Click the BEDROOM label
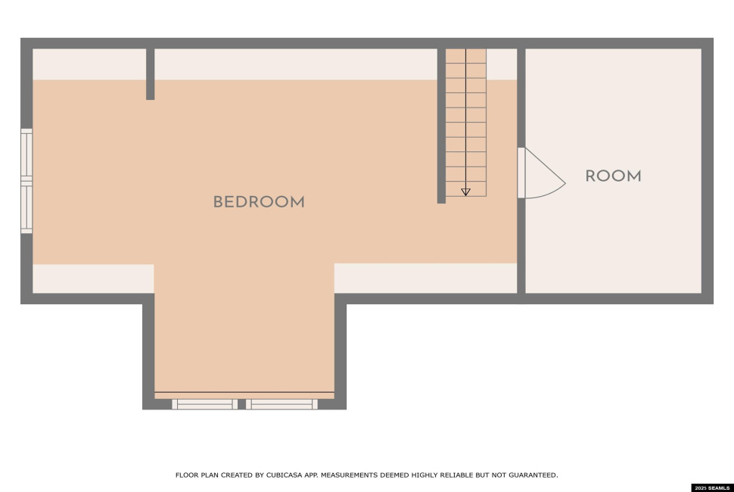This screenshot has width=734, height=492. tap(259, 202)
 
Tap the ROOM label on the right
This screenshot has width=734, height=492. tap(613, 176)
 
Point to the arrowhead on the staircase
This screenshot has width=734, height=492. tap(465, 192)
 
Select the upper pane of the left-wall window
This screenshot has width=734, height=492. tap(27, 154)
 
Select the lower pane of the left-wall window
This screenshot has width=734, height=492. tap(27, 207)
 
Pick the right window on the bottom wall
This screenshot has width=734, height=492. tap(281, 404)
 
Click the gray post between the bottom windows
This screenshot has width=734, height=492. tap(242, 404)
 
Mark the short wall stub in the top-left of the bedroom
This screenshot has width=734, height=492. tap(150, 74)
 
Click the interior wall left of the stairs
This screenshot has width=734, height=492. tap(441, 126)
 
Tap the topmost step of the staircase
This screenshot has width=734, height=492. tap(465, 56)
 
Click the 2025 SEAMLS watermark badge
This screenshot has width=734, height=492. tap(712, 487)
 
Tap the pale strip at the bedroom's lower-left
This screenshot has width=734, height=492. tap(92, 278)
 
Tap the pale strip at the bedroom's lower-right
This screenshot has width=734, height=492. tap(425, 278)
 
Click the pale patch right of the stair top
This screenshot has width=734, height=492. tap(501, 64)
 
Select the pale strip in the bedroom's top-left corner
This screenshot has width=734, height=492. tap(89, 64)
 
